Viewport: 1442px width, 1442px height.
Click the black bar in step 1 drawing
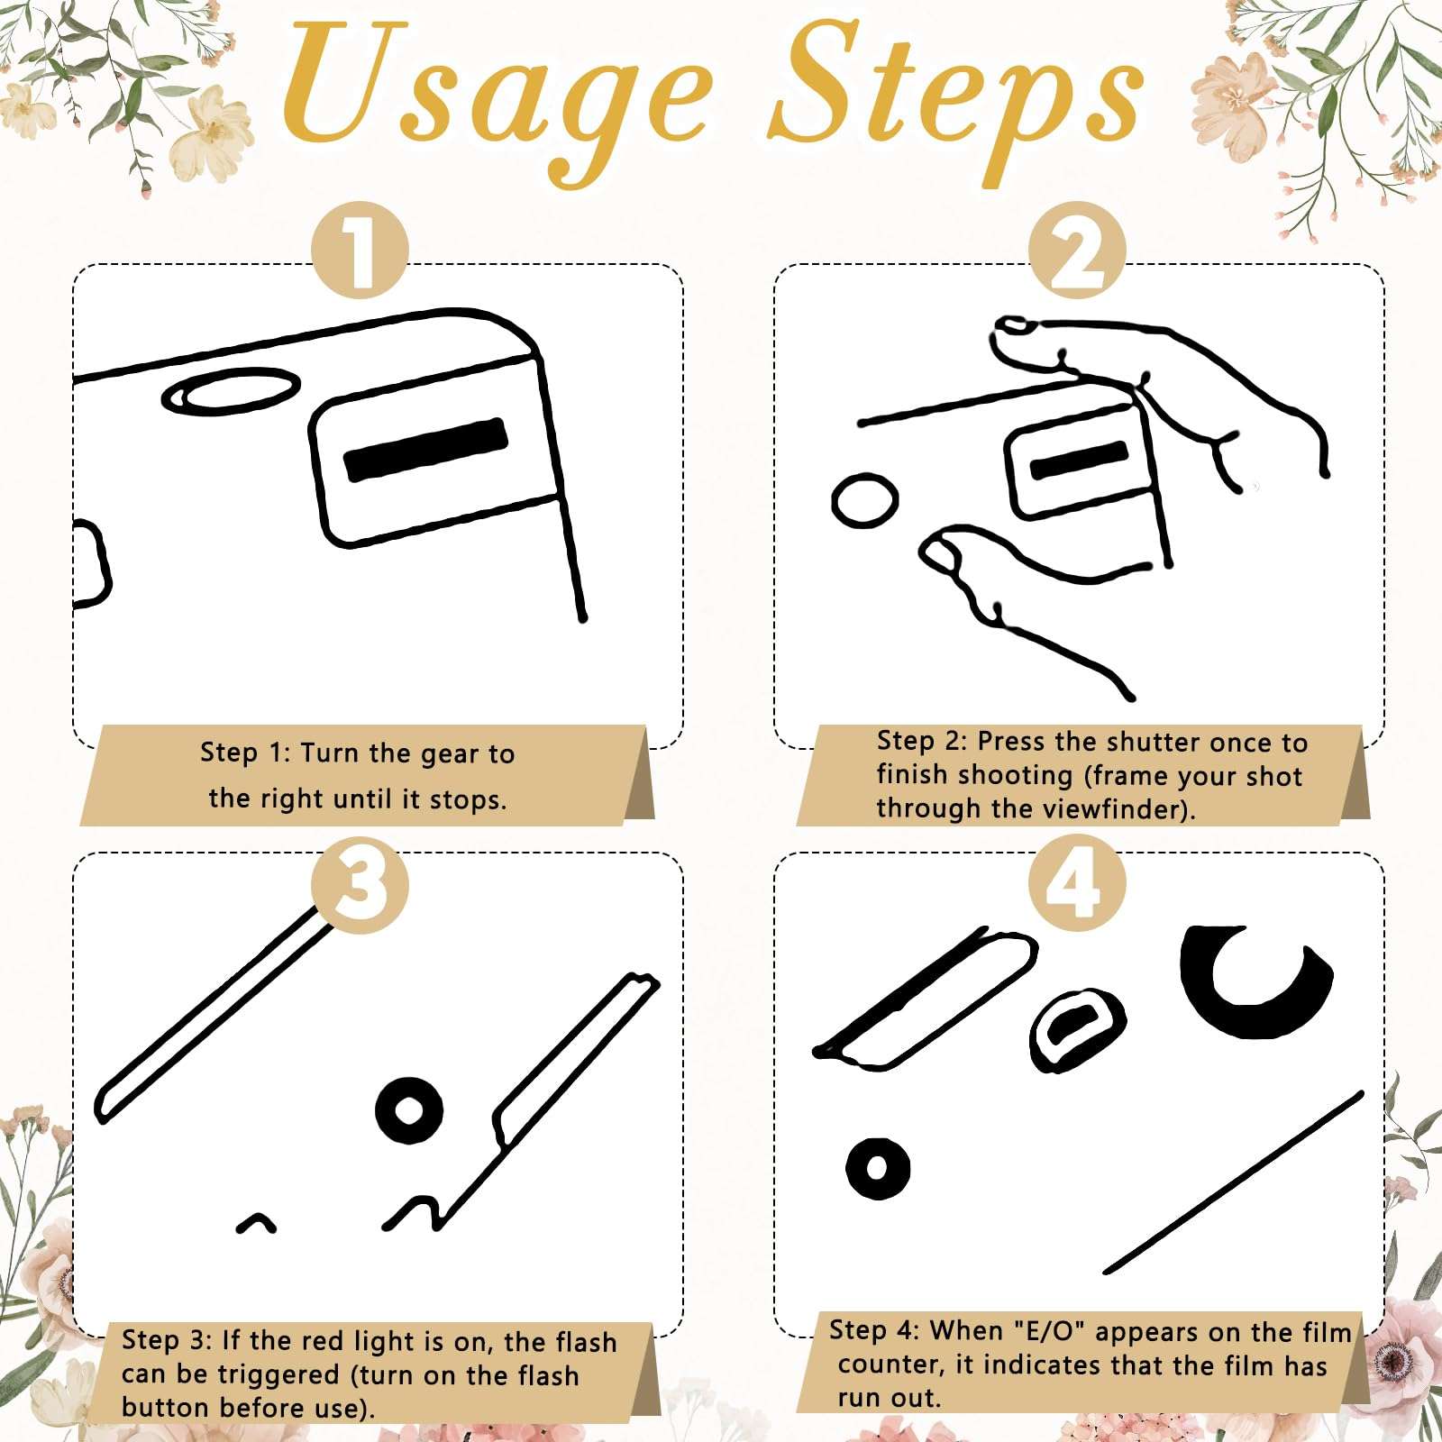point(425,449)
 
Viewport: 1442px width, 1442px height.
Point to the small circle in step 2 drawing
point(864,500)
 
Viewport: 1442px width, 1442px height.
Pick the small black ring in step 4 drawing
point(878,1167)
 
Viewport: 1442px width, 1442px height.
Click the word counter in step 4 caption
point(889,1365)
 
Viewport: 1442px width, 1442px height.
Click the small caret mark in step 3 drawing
point(256,1223)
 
